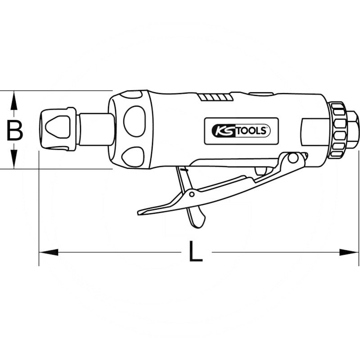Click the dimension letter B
pyautogui.click(x=15, y=130)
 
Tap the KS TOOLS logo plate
pyautogui.click(x=241, y=131)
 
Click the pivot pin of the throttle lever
pyautogui.click(x=293, y=158)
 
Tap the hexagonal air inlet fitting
pyautogui.click(x=351, y=129)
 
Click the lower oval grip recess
pyautogui.click(x=134, y=157)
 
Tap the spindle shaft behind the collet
pyautogui.click(x=95, y=129)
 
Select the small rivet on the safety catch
pyautogui.click(x=192, y=194)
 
